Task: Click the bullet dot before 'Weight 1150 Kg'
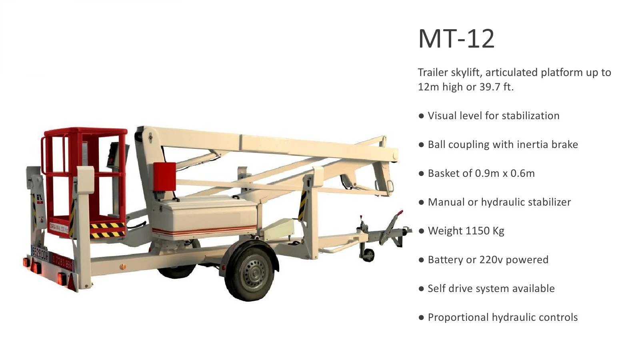pyautogui.click(x=421, y=231)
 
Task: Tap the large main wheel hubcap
pyautogui.click(x=254, y=272)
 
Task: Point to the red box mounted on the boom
pyautogui.click(x=164, y=176)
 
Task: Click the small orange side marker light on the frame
pyautogui.click(x=122, y=266)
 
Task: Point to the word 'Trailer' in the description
pyautogui.click(x=433, y=72)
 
